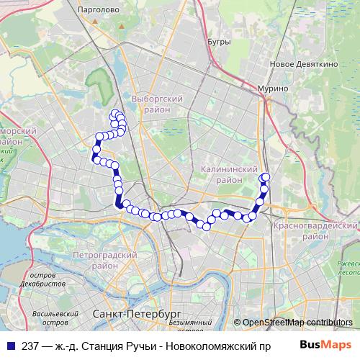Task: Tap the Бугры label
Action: [x=218, y=42]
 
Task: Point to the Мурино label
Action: [x=274, y=88]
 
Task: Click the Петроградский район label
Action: [x=105, y=260]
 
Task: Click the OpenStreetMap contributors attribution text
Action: [x=297, y=323]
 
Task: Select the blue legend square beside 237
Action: [x=10, y=346]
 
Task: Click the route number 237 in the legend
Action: [x=31, y=346]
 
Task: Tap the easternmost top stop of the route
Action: [x=266, y=177]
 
